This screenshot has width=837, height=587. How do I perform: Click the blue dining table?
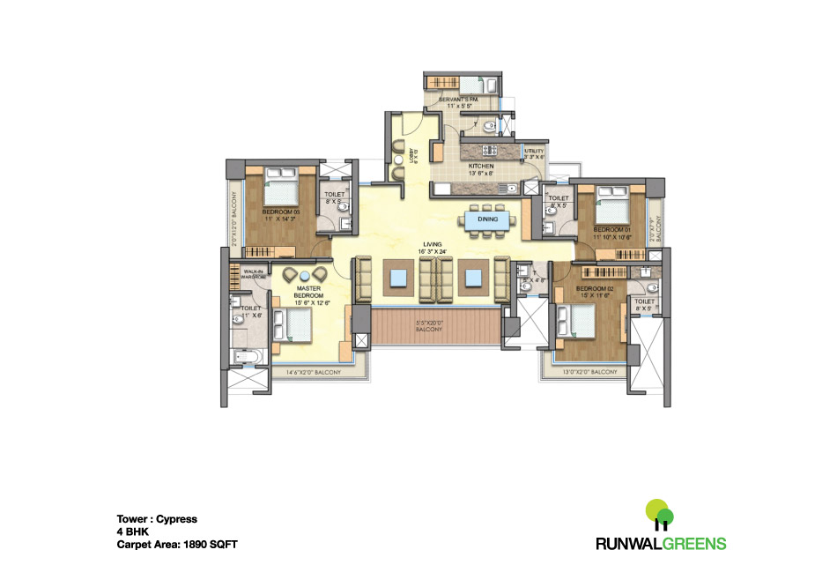[x=487, y=219]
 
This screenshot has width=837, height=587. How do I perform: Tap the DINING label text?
[x=487, y=219]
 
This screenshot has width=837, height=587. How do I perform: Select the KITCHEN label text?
[x=481, y=167]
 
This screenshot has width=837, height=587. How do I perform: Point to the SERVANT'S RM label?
[x=458, y=100]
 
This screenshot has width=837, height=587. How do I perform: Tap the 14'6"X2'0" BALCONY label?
[x=313, y=374]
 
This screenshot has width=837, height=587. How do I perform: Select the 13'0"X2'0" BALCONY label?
[x=589, y=374]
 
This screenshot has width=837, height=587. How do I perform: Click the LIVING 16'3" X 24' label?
[x=431, y=248]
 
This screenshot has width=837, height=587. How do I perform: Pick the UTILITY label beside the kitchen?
[x=535, y=152]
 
